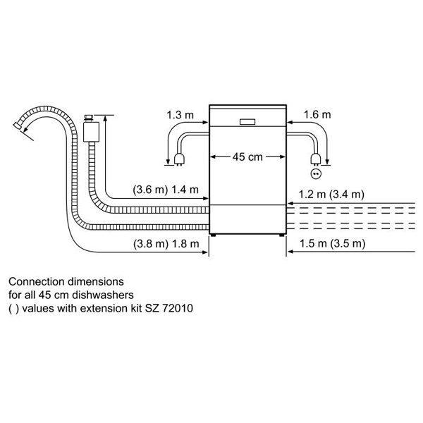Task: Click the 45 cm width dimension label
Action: [247, 157]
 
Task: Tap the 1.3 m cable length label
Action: [180, 115]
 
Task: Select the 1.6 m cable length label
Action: [317, 115]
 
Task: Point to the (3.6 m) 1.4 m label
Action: [166, 190]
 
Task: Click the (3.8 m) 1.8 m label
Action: [166, 244]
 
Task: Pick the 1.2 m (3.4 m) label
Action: [331, 195]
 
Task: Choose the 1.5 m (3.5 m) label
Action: [332, 244]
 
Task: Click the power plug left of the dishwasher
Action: [179, 159]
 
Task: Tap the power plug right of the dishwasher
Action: [316, 159]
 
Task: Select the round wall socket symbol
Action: [316, 174]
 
